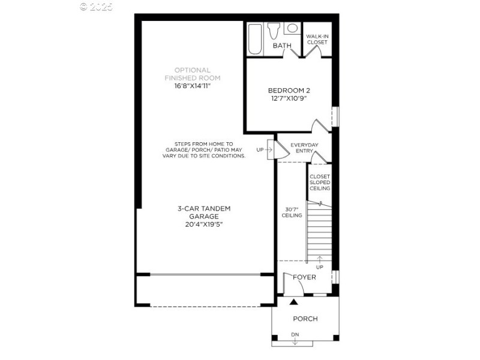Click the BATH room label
pyautogui.click(x=282, y=46)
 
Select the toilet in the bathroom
pyautogui.click(x=275, y=29)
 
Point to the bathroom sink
pyautogui.click(x=292, y=28)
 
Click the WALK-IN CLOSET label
pyautogui.click(x=317, y=40)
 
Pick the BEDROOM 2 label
pyautogui.click(x=289, y=91)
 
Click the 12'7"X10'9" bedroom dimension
pyautogui.click(x=289, y=98)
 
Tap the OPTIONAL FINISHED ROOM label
pyautogui.click(x=193, y=74)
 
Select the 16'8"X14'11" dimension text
pyautogui.click(x=193, y=86)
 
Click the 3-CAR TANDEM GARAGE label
pyautogui.click(x=204, y=212)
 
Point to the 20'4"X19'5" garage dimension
pyautogui.click(x=204, y=224)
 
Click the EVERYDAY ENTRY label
pyautogui.click(x=304, y=148)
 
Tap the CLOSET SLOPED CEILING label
pyautogui.click(x=320, y=182)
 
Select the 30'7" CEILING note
pyautogui.click(x=292, y=212)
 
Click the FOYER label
pyautogui.click(x=304, y=277)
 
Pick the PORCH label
pyautogui.click(x=305, y=319)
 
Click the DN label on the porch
pyautogui.click(x=295, y=335)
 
